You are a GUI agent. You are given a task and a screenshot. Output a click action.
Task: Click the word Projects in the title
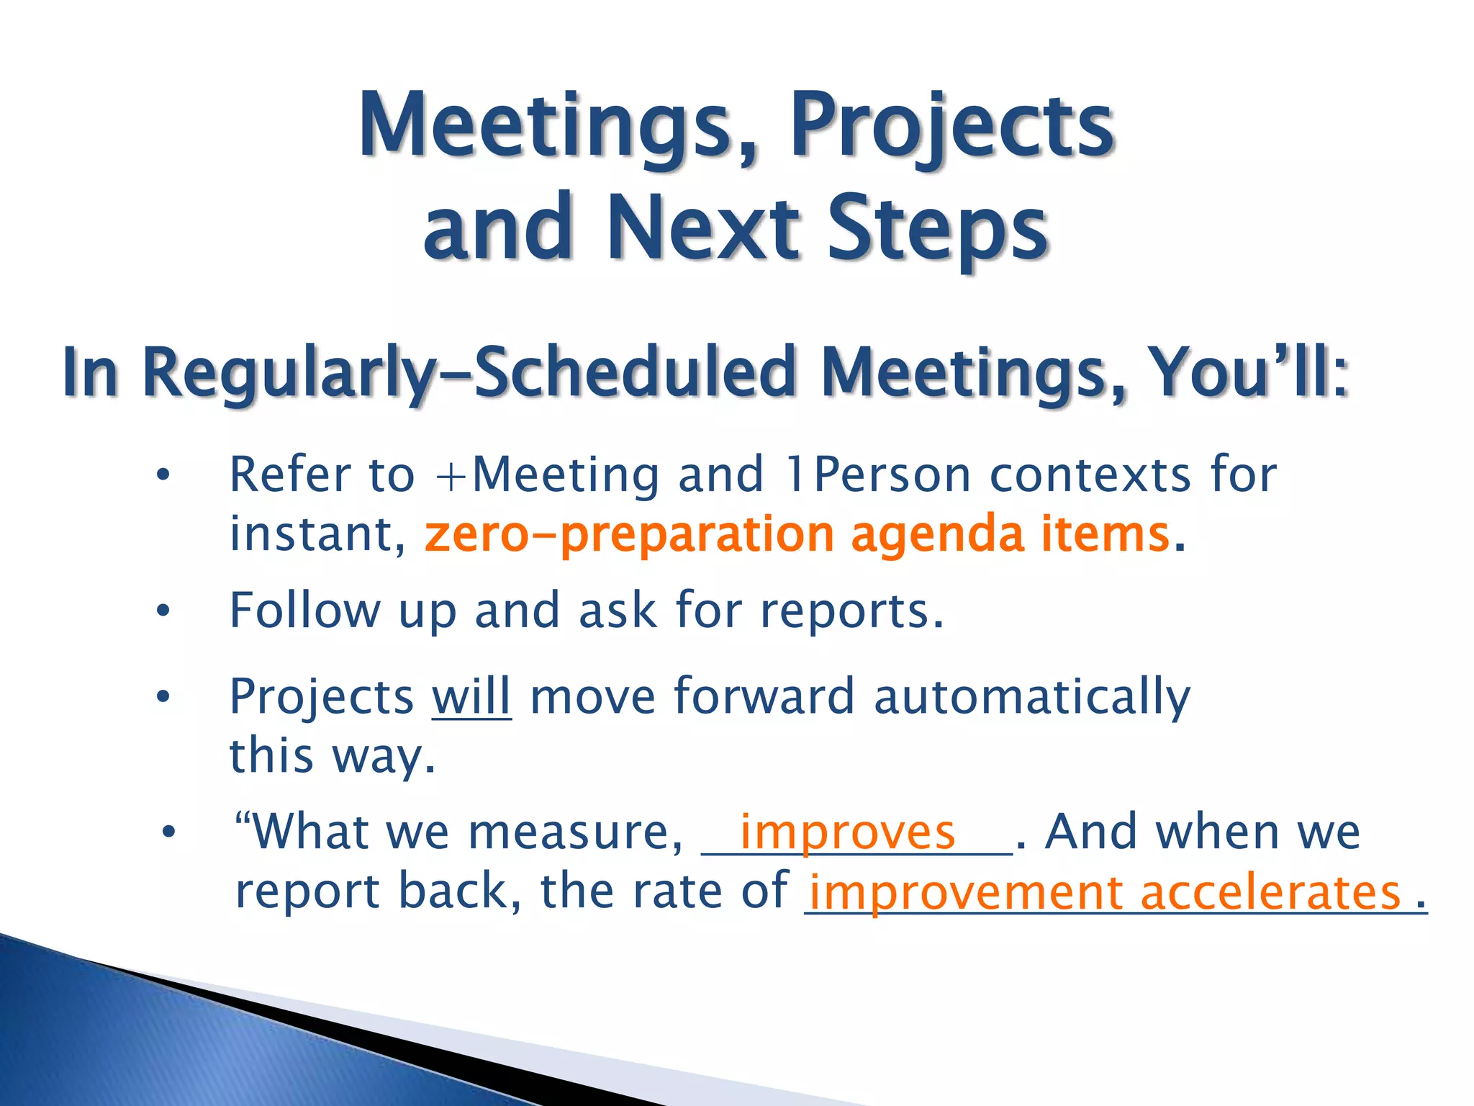click(952, 127)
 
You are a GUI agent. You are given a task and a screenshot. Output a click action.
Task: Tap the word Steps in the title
click(937, 229)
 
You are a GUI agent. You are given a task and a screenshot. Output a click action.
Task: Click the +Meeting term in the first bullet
click(547, 476)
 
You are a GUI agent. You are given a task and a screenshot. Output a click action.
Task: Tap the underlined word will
click(471, 697)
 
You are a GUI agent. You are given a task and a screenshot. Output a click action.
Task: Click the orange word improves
click(847, 833)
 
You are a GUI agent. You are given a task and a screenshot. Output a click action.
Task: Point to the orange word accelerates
click(1270, 893)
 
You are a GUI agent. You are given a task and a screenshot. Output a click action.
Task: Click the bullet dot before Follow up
click(163, 611)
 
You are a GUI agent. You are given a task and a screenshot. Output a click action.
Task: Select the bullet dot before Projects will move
click(163, 697)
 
